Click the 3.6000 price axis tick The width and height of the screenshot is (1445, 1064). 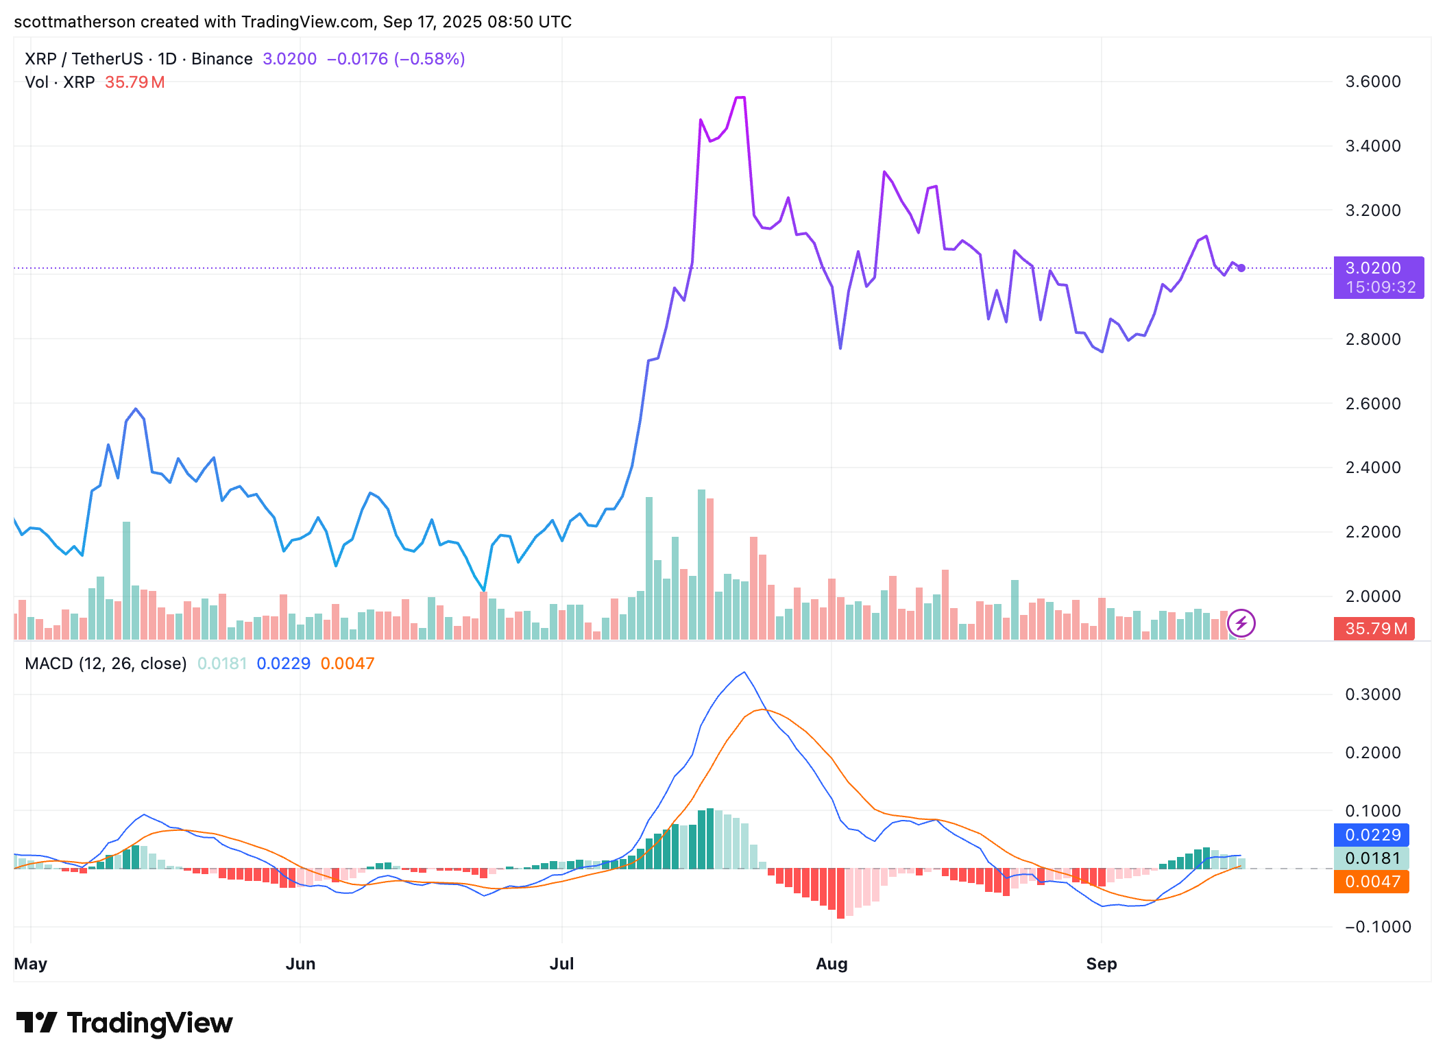(x=1372, y=82)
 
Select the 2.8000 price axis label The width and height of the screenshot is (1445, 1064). (x=1372, y=339)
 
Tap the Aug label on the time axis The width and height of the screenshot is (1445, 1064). (x=831, y=964)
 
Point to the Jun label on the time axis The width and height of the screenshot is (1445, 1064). (x=300, y=964)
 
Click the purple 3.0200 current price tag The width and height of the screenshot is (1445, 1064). (x=1378, y=277)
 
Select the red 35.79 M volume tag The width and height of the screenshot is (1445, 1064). (x=1374, y=629)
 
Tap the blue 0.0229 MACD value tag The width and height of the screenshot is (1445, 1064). (x=1371, y=835)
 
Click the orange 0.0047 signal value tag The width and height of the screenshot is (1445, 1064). (x=1371, y=882)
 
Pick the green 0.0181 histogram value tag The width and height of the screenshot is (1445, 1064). (x=1371, y=858)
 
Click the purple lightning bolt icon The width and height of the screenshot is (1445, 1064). (x=1241, y=623)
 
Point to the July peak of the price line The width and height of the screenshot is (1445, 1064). (x=740, y=98)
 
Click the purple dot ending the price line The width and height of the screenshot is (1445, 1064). (x=1241, y=268)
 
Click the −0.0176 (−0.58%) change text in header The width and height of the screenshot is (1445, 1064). (x=396, y=59)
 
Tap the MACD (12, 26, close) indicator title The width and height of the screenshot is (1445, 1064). (x=106, y=664)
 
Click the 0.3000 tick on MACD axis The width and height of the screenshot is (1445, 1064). (x=1372, y=694)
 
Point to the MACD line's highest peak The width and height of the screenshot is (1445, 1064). (x=744, y=673)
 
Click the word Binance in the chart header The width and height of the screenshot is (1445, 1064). (x=221, y=59)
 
